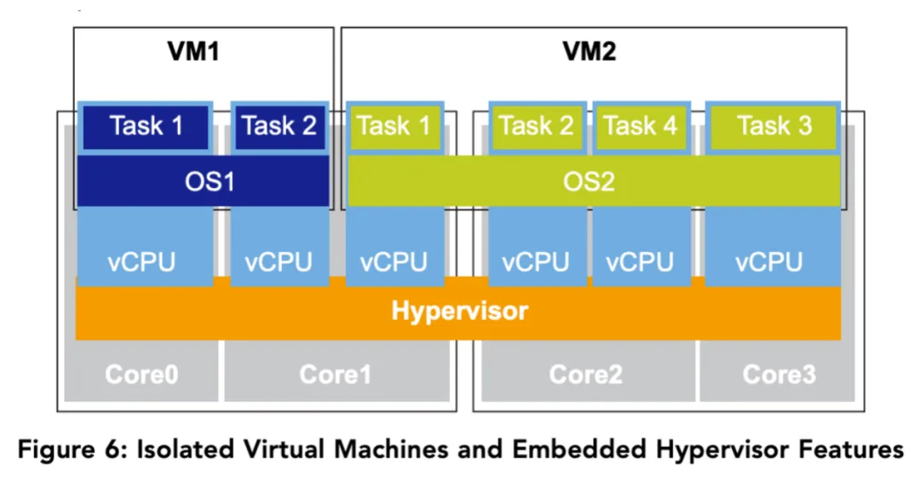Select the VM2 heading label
pyautogui.click(x=589, y=52)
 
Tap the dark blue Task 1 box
pyautogui.click(x=146, y=127)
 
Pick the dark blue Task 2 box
pyautogui.click(x=279, y=127)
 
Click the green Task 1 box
pyautogui.click(x=394, y=127)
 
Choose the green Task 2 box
pyautogui.click(x=537, y=127)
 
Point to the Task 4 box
pyautogui.click(x=641, y=127)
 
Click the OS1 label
pyautogui.click(x=203, y=181)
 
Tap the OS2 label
pyautogui.click(x=589, y=181)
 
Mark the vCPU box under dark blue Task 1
pyautogui.click(x=141, y=261)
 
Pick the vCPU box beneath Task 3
pyautogui.click(x=769, y=261)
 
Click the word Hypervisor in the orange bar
pyautogui.click(x=459, y=311)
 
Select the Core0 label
pyautogui.click(x=141, y=373)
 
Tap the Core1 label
pyautogui.click(x=335, y=373)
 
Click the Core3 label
pyautogui.click(x=779, y=373)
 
